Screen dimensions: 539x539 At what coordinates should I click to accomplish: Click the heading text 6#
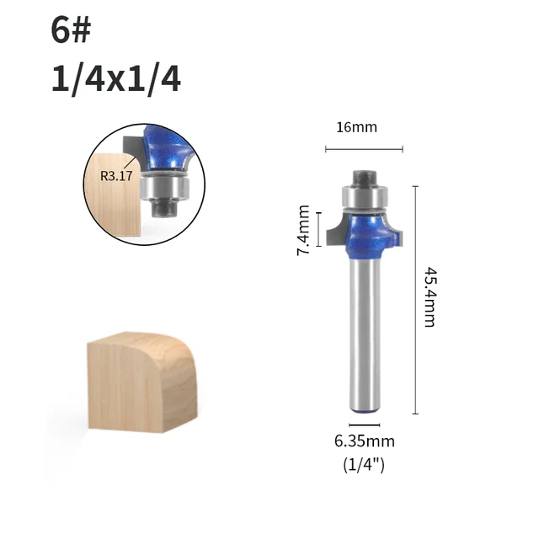pyautogui.click(x=71, y=32)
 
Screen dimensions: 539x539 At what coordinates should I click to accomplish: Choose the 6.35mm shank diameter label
pyautogui.click(x=365, y=440)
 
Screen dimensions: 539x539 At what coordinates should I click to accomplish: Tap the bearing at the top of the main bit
pyautogui.click(x=364, y=197)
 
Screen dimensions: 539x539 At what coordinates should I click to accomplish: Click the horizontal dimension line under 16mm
pyautogui.click(x=364, y=150)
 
